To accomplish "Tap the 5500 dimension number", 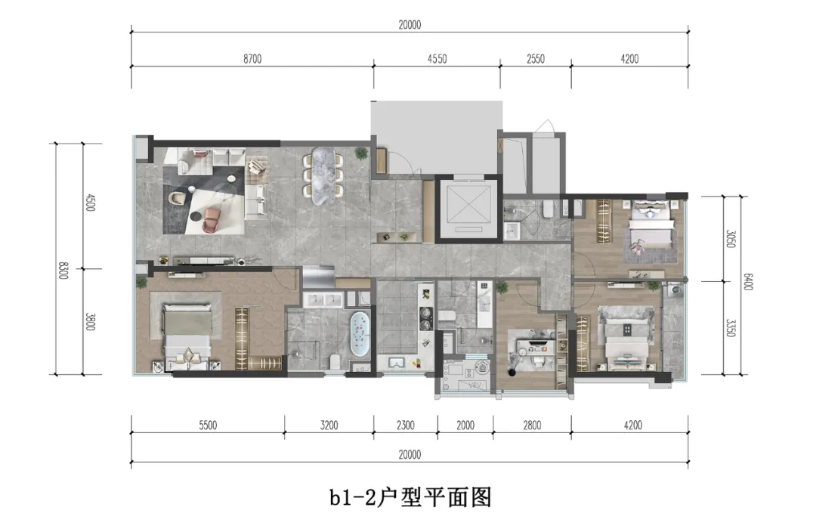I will pos(208,426).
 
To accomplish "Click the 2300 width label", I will pos(404,426).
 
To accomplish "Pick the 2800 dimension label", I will pos(531,426).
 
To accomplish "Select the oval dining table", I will pos(323,175).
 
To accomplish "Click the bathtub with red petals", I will pos(360,334).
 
